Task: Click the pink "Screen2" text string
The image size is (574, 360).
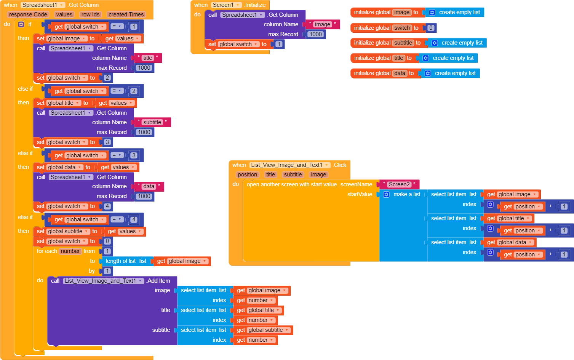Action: tap(399, 184)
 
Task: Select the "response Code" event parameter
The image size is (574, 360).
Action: tap(28, 14)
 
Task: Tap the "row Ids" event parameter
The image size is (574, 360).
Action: tap(90, 14)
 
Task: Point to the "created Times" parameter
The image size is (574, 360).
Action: tap(126, 14)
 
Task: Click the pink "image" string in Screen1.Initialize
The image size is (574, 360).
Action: tap(322, 24)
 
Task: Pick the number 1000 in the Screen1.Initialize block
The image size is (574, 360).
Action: tap(315, 34)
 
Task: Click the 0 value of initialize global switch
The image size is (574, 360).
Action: tap(431, 28)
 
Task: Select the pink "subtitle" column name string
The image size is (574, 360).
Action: tap(152, 122)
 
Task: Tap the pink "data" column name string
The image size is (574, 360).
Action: tap(149, 186)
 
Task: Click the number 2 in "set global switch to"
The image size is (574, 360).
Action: tap(107, 78)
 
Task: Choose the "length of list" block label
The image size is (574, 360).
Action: tap(121, 261)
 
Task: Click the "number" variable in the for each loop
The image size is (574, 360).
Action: tap(70, 251)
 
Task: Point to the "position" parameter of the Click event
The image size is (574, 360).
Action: tap(247, 174)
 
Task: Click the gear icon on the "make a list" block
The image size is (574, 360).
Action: tap(386, 194)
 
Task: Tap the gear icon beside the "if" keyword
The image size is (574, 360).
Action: tap(21, 24)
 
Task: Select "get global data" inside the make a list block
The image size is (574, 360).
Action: tap(509, 242)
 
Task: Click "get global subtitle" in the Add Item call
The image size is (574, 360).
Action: tap(262, 330)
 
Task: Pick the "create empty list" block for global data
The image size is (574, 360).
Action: tap(455, 73)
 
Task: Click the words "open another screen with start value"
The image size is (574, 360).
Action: tap(291, 184)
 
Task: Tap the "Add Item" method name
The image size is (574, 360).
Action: tap(158, 281)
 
